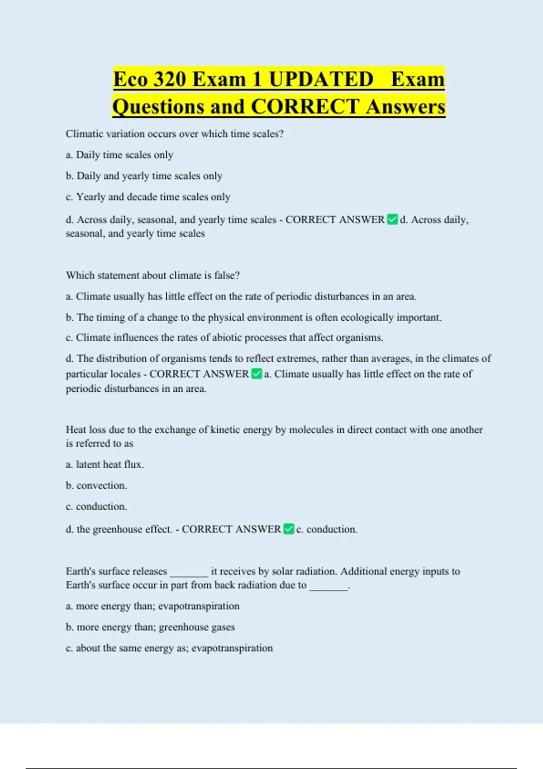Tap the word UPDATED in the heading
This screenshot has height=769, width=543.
tap(321, 79)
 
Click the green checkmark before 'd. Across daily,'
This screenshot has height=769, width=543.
tap(392, 220)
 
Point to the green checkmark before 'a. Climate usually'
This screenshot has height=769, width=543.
tap(257, 374)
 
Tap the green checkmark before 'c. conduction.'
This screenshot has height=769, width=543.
tap(289, 529)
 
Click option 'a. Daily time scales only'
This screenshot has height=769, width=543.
tap(119, 155)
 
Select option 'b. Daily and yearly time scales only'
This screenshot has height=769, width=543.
tap(144, 176)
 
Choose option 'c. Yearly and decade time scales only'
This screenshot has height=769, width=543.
tap(148, 197)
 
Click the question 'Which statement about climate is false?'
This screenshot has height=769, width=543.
tap(152, 275)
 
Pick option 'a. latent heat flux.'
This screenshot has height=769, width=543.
tap(105, 465)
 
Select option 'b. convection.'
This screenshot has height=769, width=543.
tap(96, 486)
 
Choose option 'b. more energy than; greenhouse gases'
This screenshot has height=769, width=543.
tap(150, 627)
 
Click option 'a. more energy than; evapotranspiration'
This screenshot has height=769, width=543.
tap(152, 606)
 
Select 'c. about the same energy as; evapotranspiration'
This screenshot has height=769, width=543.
tap(169, 648)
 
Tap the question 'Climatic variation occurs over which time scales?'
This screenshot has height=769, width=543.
tap(175, 134)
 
